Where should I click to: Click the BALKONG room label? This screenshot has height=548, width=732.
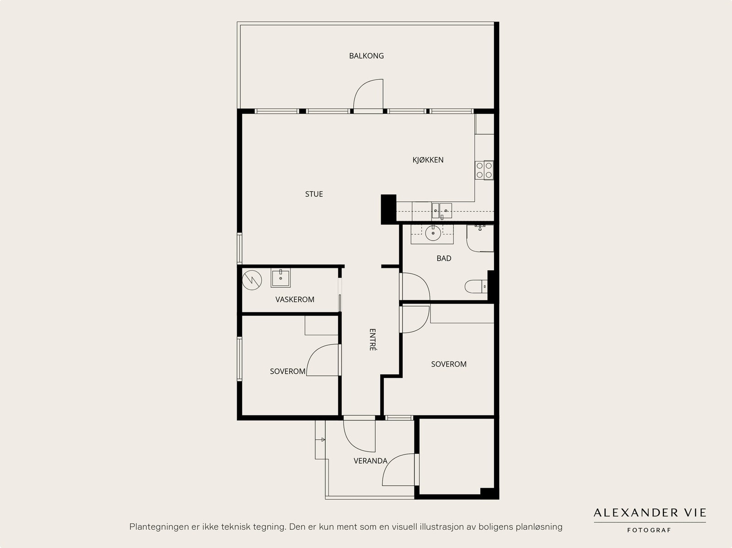[x=366, y=56]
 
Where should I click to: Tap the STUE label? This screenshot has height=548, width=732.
[x=314, y=194]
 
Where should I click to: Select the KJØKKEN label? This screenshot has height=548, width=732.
[x=428, y=160]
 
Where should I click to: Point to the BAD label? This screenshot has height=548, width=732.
[x=444, y=258]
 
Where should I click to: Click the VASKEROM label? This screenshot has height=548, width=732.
[x=295, y=299]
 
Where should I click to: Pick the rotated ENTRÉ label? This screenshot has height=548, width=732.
[x=372, y=340]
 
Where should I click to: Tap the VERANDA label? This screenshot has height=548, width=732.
[x=371, y=461]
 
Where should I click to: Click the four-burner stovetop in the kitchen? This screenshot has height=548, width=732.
[x=484, y=170]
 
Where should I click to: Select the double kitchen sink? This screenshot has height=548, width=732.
[x=441, y=211]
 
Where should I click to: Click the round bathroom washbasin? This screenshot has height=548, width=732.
[x=433, y=233]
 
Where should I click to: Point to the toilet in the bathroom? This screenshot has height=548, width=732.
[x=476, y=286]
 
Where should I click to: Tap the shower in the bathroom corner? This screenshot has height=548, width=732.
[x=480, y=238]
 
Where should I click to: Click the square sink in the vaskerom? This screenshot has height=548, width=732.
[x=280, y=278]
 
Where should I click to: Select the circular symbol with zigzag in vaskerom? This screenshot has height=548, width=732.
[x=252, y=280]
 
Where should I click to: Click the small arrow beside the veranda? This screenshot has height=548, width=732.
[x=321, y=440]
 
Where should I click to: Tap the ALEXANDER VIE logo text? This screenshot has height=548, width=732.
[x=650, y=512]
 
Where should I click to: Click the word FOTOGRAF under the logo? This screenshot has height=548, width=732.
[x=649, y=530]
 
